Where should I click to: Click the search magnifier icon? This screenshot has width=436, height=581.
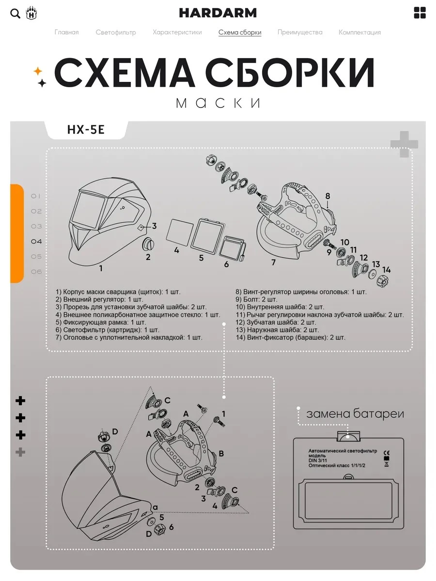(15, 14)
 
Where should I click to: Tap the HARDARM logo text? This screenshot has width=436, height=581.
(218, 13)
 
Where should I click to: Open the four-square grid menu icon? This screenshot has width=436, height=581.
(420, 13)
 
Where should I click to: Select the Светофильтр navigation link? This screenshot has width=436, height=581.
(116, 32)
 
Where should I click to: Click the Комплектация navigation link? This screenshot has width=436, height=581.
(360, 32)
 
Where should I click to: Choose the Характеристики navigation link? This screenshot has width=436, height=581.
(177, 32)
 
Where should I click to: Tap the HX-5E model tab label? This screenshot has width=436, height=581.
(86, 130)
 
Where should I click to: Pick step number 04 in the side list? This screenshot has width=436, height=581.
(36, 242)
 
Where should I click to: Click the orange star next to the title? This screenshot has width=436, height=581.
(38, 71)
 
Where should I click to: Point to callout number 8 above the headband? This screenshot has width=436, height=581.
(328, 196)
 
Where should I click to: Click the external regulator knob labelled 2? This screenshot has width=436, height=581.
(148, 244)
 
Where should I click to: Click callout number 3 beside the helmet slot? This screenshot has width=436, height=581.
(154, 226)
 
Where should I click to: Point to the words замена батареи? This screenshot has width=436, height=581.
(355, 413)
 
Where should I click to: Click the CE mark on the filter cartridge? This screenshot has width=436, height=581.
(387, 453)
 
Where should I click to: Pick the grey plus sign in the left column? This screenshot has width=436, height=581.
(20, 452)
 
